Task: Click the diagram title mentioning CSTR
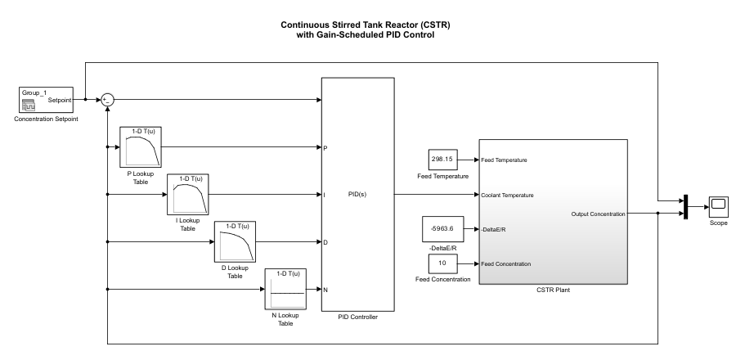click(373, 29)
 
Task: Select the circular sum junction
click(108, 100)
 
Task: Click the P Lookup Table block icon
click(143, 147)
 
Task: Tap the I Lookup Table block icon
click(190, 194)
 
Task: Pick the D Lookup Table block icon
click(236, 241)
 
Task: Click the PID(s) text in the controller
click(357, 196)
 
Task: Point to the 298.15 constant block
click(442, 160)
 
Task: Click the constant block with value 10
click(442, 263)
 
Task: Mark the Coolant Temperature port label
click(508, 196)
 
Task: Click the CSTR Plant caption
click(553, 290)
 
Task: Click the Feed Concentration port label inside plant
click(507, 263)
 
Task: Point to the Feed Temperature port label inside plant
click(504, 160)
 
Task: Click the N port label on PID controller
click(325, 290)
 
